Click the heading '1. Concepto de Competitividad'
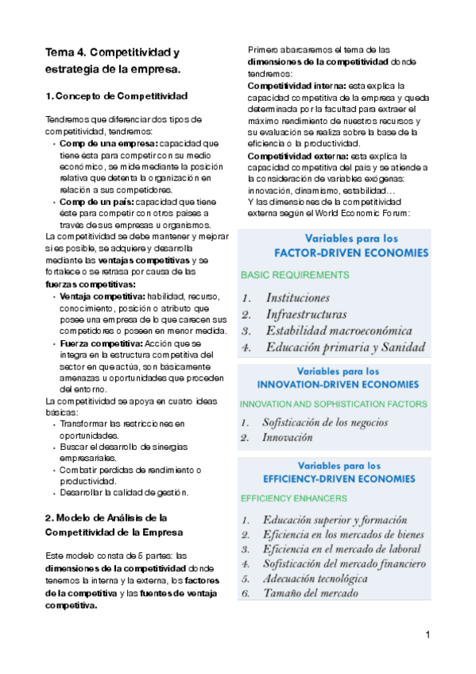click(116, 96)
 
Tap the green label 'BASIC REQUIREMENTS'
click(294, 275)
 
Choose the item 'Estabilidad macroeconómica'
click(339, 331)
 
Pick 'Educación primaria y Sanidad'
click(345, 347)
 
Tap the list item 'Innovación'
click(288, 437)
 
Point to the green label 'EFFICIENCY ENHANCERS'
click(293, 498)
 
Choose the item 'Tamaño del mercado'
click(310, 593)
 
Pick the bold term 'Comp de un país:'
click(90, 203)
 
